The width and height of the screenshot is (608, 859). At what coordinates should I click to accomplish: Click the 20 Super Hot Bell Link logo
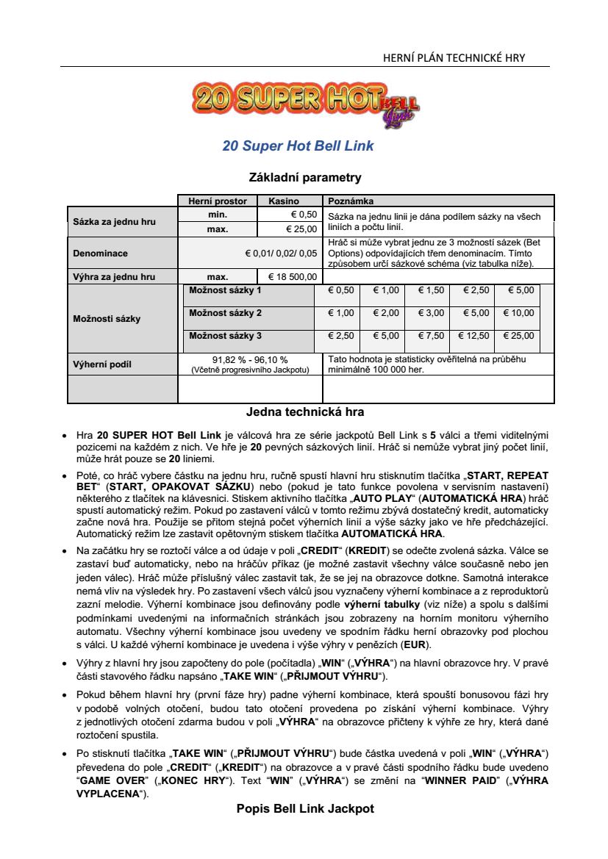point(304,103)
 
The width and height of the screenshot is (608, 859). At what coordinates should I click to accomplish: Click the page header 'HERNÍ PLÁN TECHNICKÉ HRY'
point(454,58)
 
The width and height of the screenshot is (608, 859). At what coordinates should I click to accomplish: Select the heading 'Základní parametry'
point(305,177)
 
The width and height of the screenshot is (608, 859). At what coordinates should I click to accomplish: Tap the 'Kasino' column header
point(284,201)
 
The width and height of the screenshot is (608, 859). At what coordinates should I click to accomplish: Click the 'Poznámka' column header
point(351,201)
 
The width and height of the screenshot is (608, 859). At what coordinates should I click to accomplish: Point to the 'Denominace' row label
point(100,254)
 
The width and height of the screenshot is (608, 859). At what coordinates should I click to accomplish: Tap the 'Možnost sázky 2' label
point(225,313)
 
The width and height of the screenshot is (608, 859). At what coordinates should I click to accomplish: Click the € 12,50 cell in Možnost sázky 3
point(473,336)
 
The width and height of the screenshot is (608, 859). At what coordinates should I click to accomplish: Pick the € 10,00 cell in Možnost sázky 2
point(518,313)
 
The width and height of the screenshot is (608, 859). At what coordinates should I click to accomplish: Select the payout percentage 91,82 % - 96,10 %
point(250,359)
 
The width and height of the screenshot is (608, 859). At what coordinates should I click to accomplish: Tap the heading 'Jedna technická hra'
point(305,411)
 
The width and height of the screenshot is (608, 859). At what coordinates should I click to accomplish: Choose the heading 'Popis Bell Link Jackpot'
point(305,808)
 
